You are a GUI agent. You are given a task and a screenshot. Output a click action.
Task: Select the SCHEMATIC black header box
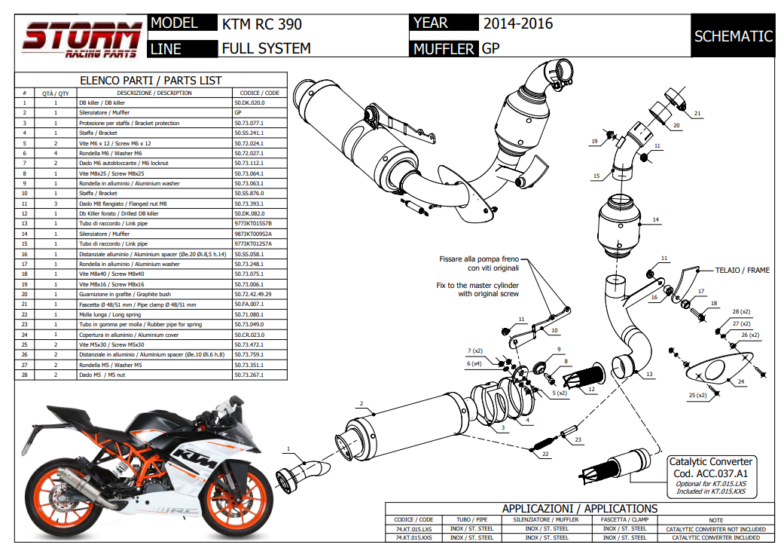point(733,36)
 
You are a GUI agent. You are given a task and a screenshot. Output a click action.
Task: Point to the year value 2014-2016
point(518,23)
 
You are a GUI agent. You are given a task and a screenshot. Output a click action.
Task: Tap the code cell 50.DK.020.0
point(250,103)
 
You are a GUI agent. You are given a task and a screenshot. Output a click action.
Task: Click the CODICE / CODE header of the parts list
point(260,93)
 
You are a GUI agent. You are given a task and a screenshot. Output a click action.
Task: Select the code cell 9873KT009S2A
point(253,234)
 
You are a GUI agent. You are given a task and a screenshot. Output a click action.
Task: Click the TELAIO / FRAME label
point(743,269)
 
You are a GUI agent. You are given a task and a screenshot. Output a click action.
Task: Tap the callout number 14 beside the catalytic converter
point(655,219)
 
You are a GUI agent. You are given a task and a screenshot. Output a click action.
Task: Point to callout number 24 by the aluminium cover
point(741,382)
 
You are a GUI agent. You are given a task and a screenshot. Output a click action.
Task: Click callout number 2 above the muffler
point(361,403)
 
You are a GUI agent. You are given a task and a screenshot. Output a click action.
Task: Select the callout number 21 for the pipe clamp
point(697,115)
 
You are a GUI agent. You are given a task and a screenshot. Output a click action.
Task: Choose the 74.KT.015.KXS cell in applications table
point(413,537)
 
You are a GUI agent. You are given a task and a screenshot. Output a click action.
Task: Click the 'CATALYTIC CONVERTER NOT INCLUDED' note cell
point(715,529)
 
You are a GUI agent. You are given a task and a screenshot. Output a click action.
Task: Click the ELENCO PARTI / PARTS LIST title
point(151,81)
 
